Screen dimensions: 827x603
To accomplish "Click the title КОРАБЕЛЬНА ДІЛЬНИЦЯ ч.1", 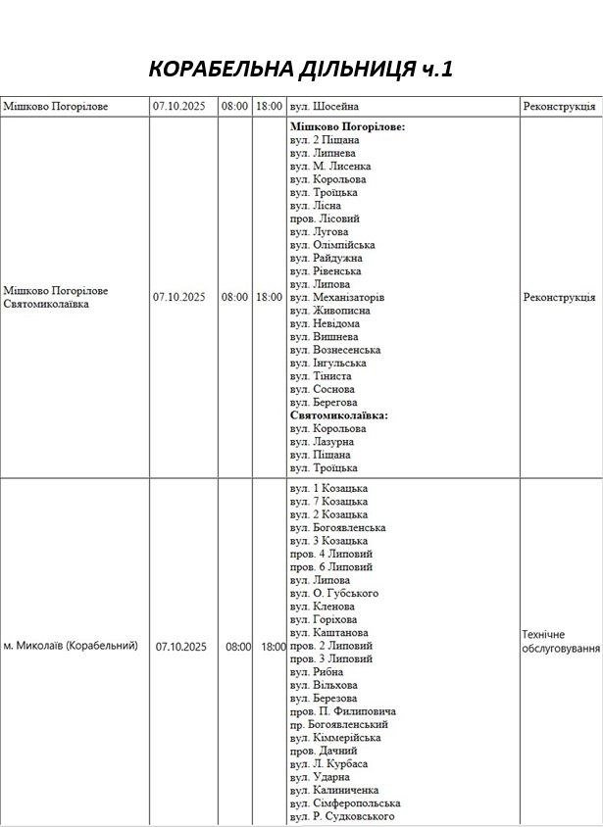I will pos(301,69).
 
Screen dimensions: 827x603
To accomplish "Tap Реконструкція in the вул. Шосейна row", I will pos(559,106).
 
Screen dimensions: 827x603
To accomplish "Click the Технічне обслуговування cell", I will pos(561,642).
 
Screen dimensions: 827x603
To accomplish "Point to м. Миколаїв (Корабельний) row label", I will pos(71,647).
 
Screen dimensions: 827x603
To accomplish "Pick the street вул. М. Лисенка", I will pos(330,167).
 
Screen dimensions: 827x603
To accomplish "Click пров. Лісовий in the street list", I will pos(325,219).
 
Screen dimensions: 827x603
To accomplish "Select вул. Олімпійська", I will pos(331,245).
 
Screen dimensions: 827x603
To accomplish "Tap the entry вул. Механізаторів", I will pos(337,297).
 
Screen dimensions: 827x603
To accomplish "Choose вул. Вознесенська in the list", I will pos(335,350).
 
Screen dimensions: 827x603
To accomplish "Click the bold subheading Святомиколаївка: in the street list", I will pos(339,415).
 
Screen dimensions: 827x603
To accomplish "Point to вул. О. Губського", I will pos(333,594).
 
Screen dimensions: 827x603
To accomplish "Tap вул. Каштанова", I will pos(328,633).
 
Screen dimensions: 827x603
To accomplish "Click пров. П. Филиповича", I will pos(342,711).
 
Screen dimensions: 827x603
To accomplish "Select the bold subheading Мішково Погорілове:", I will pos(348,127).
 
